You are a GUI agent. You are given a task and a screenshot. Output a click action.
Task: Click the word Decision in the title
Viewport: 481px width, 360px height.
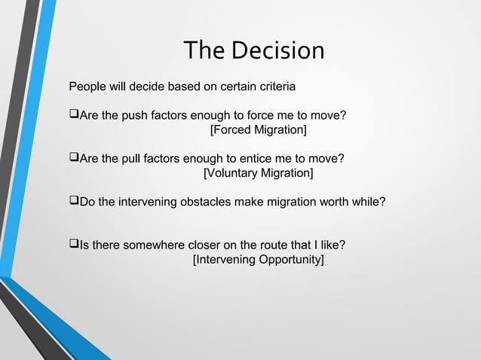[x=278, y=50]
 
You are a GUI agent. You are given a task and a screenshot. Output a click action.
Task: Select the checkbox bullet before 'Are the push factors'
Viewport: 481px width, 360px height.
[x=73, y=115]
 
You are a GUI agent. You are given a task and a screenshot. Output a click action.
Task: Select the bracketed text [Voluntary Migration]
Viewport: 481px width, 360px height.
[x=259, y=174]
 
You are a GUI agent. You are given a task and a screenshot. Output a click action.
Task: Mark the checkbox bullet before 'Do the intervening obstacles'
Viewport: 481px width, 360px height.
[x=73, y=202]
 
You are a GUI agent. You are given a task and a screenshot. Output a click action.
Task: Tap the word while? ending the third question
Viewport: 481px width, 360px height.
[x=369, y=202]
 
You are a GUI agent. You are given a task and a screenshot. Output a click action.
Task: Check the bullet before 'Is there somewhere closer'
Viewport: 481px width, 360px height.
[x=73, y=245]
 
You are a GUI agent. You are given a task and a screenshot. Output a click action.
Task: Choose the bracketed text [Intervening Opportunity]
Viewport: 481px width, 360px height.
[x=259, y=260]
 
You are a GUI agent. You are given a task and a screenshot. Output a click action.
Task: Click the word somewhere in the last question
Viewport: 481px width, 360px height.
[x=155, y=246]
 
